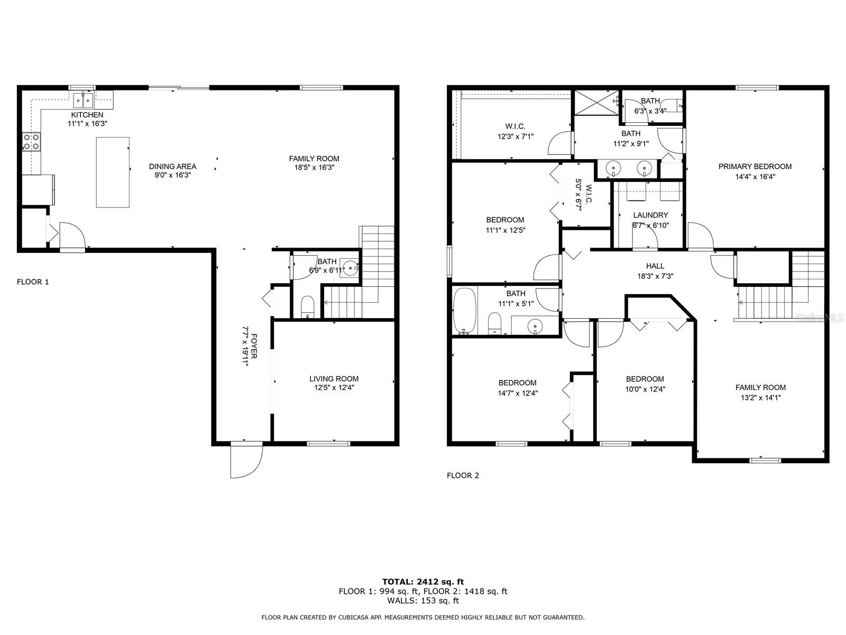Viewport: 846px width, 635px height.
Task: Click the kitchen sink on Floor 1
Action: pos(83,100)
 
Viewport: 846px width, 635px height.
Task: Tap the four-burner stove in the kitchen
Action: pos(31,141)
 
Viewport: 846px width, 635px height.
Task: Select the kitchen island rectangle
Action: pos(113,173)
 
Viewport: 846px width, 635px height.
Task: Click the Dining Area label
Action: pos(173,167)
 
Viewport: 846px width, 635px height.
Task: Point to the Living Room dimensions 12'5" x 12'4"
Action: pos(334,387)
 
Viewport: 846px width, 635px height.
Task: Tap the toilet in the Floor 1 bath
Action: pos(308,307)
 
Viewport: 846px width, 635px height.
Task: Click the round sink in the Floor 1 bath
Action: pos(351,268)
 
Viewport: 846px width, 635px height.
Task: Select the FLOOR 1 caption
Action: pos(33,282)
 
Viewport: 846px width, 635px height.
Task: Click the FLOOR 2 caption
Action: pos(463,475)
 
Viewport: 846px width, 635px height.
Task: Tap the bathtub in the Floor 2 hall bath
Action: pos(465,311)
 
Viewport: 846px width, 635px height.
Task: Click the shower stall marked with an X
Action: pos(596,103)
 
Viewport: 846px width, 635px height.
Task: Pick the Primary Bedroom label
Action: pos(755,167)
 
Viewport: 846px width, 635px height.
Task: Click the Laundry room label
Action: pos(650,215)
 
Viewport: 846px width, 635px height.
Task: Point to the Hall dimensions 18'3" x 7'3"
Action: pos(655,276)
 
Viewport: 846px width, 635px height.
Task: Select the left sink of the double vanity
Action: pos(613,168)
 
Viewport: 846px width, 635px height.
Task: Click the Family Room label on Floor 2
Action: pos(760,387)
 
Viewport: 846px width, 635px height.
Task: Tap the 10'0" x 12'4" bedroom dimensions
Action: pos(645,389)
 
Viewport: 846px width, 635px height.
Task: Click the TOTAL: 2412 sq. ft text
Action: pos(423,582)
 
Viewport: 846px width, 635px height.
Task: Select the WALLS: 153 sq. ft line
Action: pos(423,600)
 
